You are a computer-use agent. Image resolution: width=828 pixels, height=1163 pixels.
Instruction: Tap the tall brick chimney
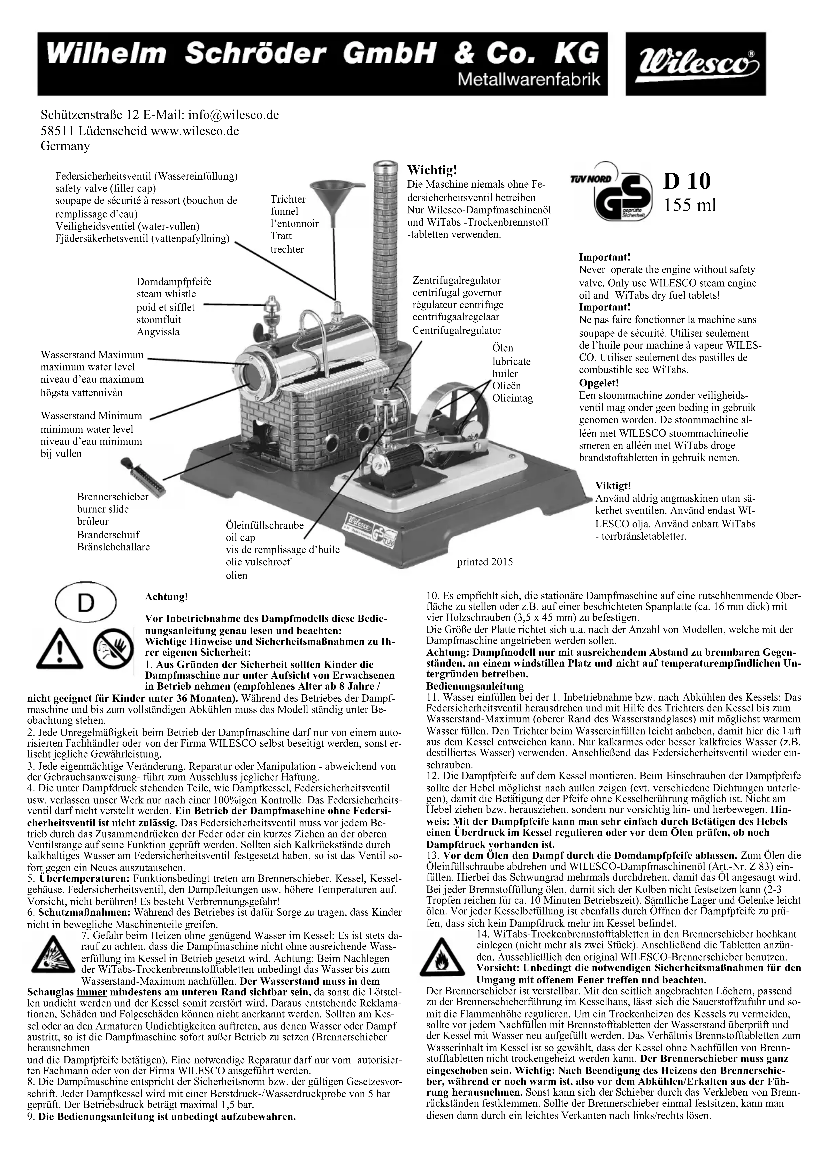(x=385, y=240)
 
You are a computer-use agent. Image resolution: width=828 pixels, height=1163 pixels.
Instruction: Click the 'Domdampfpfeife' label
(x=174, y=282)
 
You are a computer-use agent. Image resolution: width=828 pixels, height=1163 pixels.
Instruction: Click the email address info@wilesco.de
(x=233, y=115)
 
